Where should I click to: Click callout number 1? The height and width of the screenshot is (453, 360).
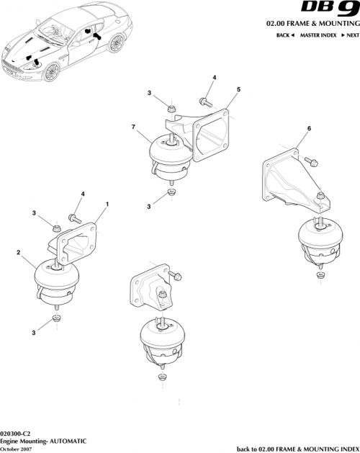pyautogui.click(x=107, y=204)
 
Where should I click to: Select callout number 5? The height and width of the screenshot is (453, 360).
pyautogui.click(x=238, y=91)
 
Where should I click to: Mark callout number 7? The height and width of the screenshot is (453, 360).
pyautogui.click(x=133, y=127)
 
